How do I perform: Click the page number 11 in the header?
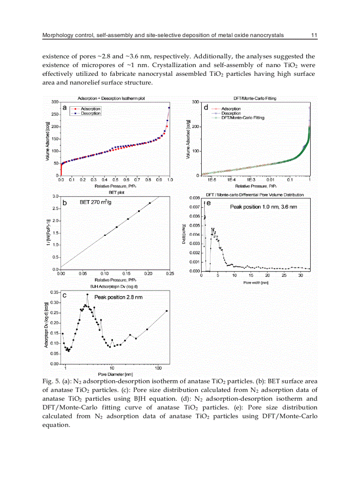314,35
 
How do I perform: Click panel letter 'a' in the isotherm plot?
65,108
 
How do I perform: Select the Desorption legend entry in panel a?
90,113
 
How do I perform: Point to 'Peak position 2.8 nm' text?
116,298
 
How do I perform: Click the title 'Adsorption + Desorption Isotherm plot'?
111,98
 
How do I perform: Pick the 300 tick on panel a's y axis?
55,102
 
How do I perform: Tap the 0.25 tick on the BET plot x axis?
169,274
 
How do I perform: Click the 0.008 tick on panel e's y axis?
195,198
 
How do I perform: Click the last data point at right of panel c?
166,311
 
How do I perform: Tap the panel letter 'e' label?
208,203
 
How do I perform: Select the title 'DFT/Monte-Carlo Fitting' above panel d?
254,98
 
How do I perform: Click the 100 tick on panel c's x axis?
158,368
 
